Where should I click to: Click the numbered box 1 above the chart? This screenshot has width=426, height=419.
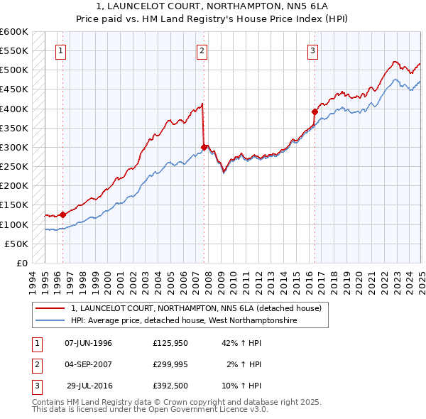[62, 50]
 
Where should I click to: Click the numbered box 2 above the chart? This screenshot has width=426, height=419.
[202, 50]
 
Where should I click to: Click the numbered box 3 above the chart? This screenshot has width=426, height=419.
[313, 50]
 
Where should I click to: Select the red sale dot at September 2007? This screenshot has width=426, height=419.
[204, 147]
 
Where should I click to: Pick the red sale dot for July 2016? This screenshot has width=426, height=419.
[315, 111]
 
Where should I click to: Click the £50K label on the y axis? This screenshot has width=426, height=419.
[16, 244]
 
